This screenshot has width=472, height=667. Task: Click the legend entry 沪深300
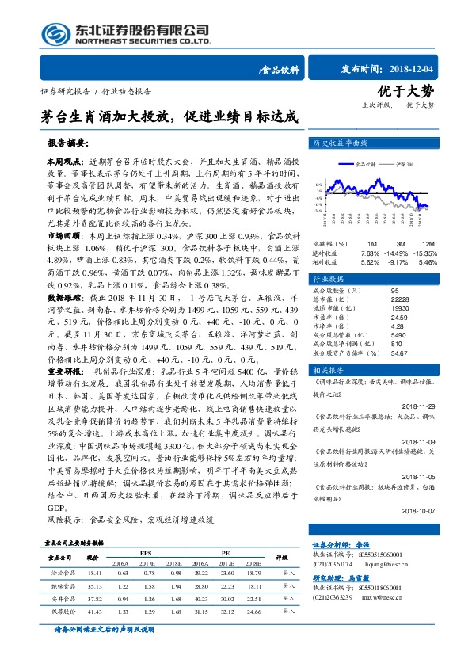coord(405,164)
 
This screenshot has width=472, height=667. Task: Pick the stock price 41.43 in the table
coord(96,612)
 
